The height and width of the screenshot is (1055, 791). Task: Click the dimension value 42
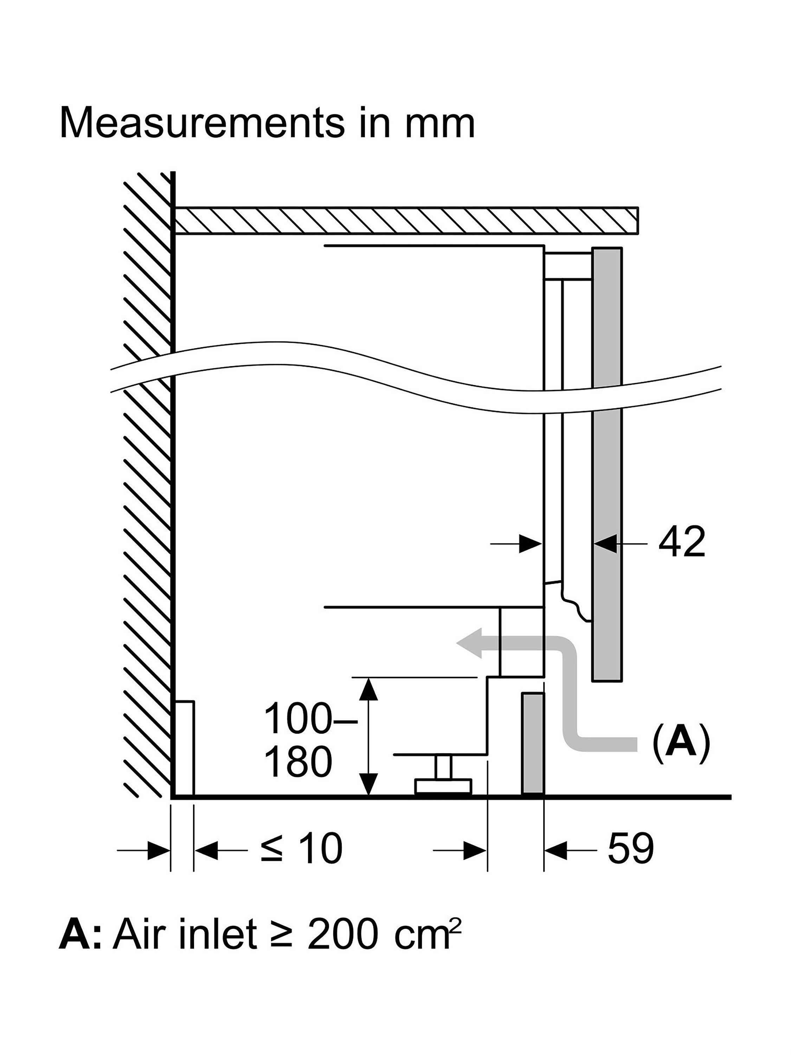click(x=681, y=542)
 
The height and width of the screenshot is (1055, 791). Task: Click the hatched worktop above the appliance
click(x=406, y=220)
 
